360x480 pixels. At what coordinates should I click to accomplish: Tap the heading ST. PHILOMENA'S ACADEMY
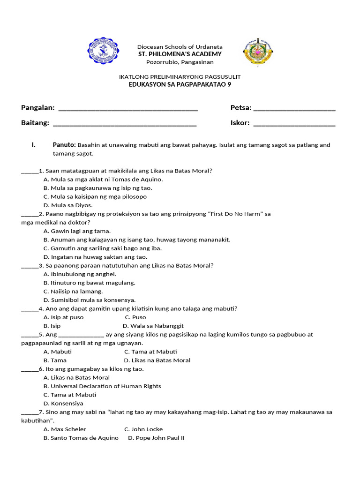(180, 54)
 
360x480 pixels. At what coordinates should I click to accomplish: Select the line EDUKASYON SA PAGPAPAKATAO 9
(180, 84)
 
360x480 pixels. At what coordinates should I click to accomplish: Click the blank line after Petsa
(294, 109)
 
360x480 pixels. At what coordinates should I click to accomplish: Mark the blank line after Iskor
(294, 124)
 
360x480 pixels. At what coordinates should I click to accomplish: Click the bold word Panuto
(64, 145)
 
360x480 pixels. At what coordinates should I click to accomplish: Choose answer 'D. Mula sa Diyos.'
(68, 205)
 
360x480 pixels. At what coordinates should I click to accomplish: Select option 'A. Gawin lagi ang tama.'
(77, 231)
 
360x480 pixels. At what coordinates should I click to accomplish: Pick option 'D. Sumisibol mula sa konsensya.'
(90, 300)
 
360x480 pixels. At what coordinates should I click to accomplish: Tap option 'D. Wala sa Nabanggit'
(153, 326)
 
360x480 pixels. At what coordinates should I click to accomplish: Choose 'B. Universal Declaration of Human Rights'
(102, 386)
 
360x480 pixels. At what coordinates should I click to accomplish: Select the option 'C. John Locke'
(143, 429)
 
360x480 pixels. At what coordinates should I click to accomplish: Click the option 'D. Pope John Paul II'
(156, 438)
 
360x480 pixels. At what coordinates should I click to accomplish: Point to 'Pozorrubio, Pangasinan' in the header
(180, 62)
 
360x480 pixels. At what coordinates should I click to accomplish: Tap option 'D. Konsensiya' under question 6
(63, 403)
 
